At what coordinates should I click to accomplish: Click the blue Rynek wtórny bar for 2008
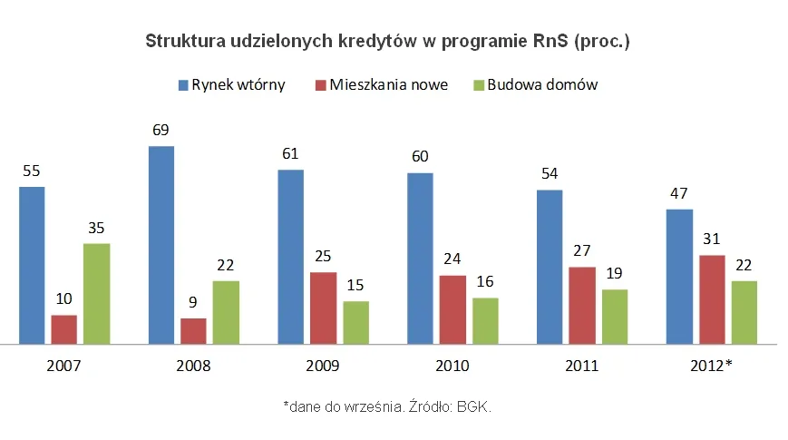click(x=161, y=245)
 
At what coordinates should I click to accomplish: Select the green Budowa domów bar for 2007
click(x=97, y=294)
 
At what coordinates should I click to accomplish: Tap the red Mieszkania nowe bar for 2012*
click(x=712, y=299)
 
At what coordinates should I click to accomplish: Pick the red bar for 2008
click(x=193, y=331)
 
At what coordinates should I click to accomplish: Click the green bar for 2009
click(x=355, y=323)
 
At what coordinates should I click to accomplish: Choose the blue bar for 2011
click(x=550, y=267)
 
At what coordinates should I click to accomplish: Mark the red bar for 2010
click(x=452, y=309)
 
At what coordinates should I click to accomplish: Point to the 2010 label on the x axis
click(x=452, y=367)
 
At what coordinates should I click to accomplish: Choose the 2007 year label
click(x=64, y=367)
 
